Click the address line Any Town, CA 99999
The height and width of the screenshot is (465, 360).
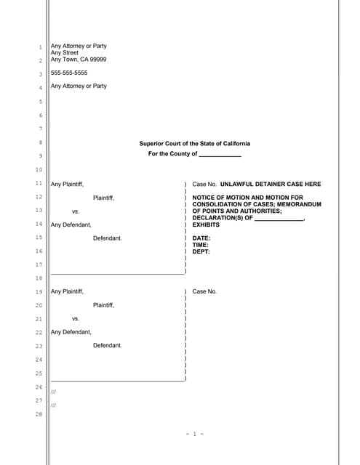click(x=78, y=60)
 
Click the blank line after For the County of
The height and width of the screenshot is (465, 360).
click(x=220, y=155)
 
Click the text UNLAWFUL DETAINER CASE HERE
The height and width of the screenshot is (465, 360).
click(x=270, y=185)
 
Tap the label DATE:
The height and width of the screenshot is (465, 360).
click(x=201, y=238)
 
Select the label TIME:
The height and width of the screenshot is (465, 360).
click(x=201, y=245)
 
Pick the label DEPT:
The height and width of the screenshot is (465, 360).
click(x=201, y=252)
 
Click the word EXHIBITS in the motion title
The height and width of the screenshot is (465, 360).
click(x=206, y=225)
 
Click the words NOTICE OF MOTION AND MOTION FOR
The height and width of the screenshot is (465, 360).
click(x=247, y=198)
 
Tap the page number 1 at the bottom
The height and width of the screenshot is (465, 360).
click(x=193, y=434)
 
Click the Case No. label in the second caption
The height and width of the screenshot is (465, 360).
click(x=204, y=291)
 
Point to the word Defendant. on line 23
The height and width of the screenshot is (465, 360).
click(x=108, y=345)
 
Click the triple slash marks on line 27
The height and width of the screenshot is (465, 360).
click(x=54, y=405)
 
